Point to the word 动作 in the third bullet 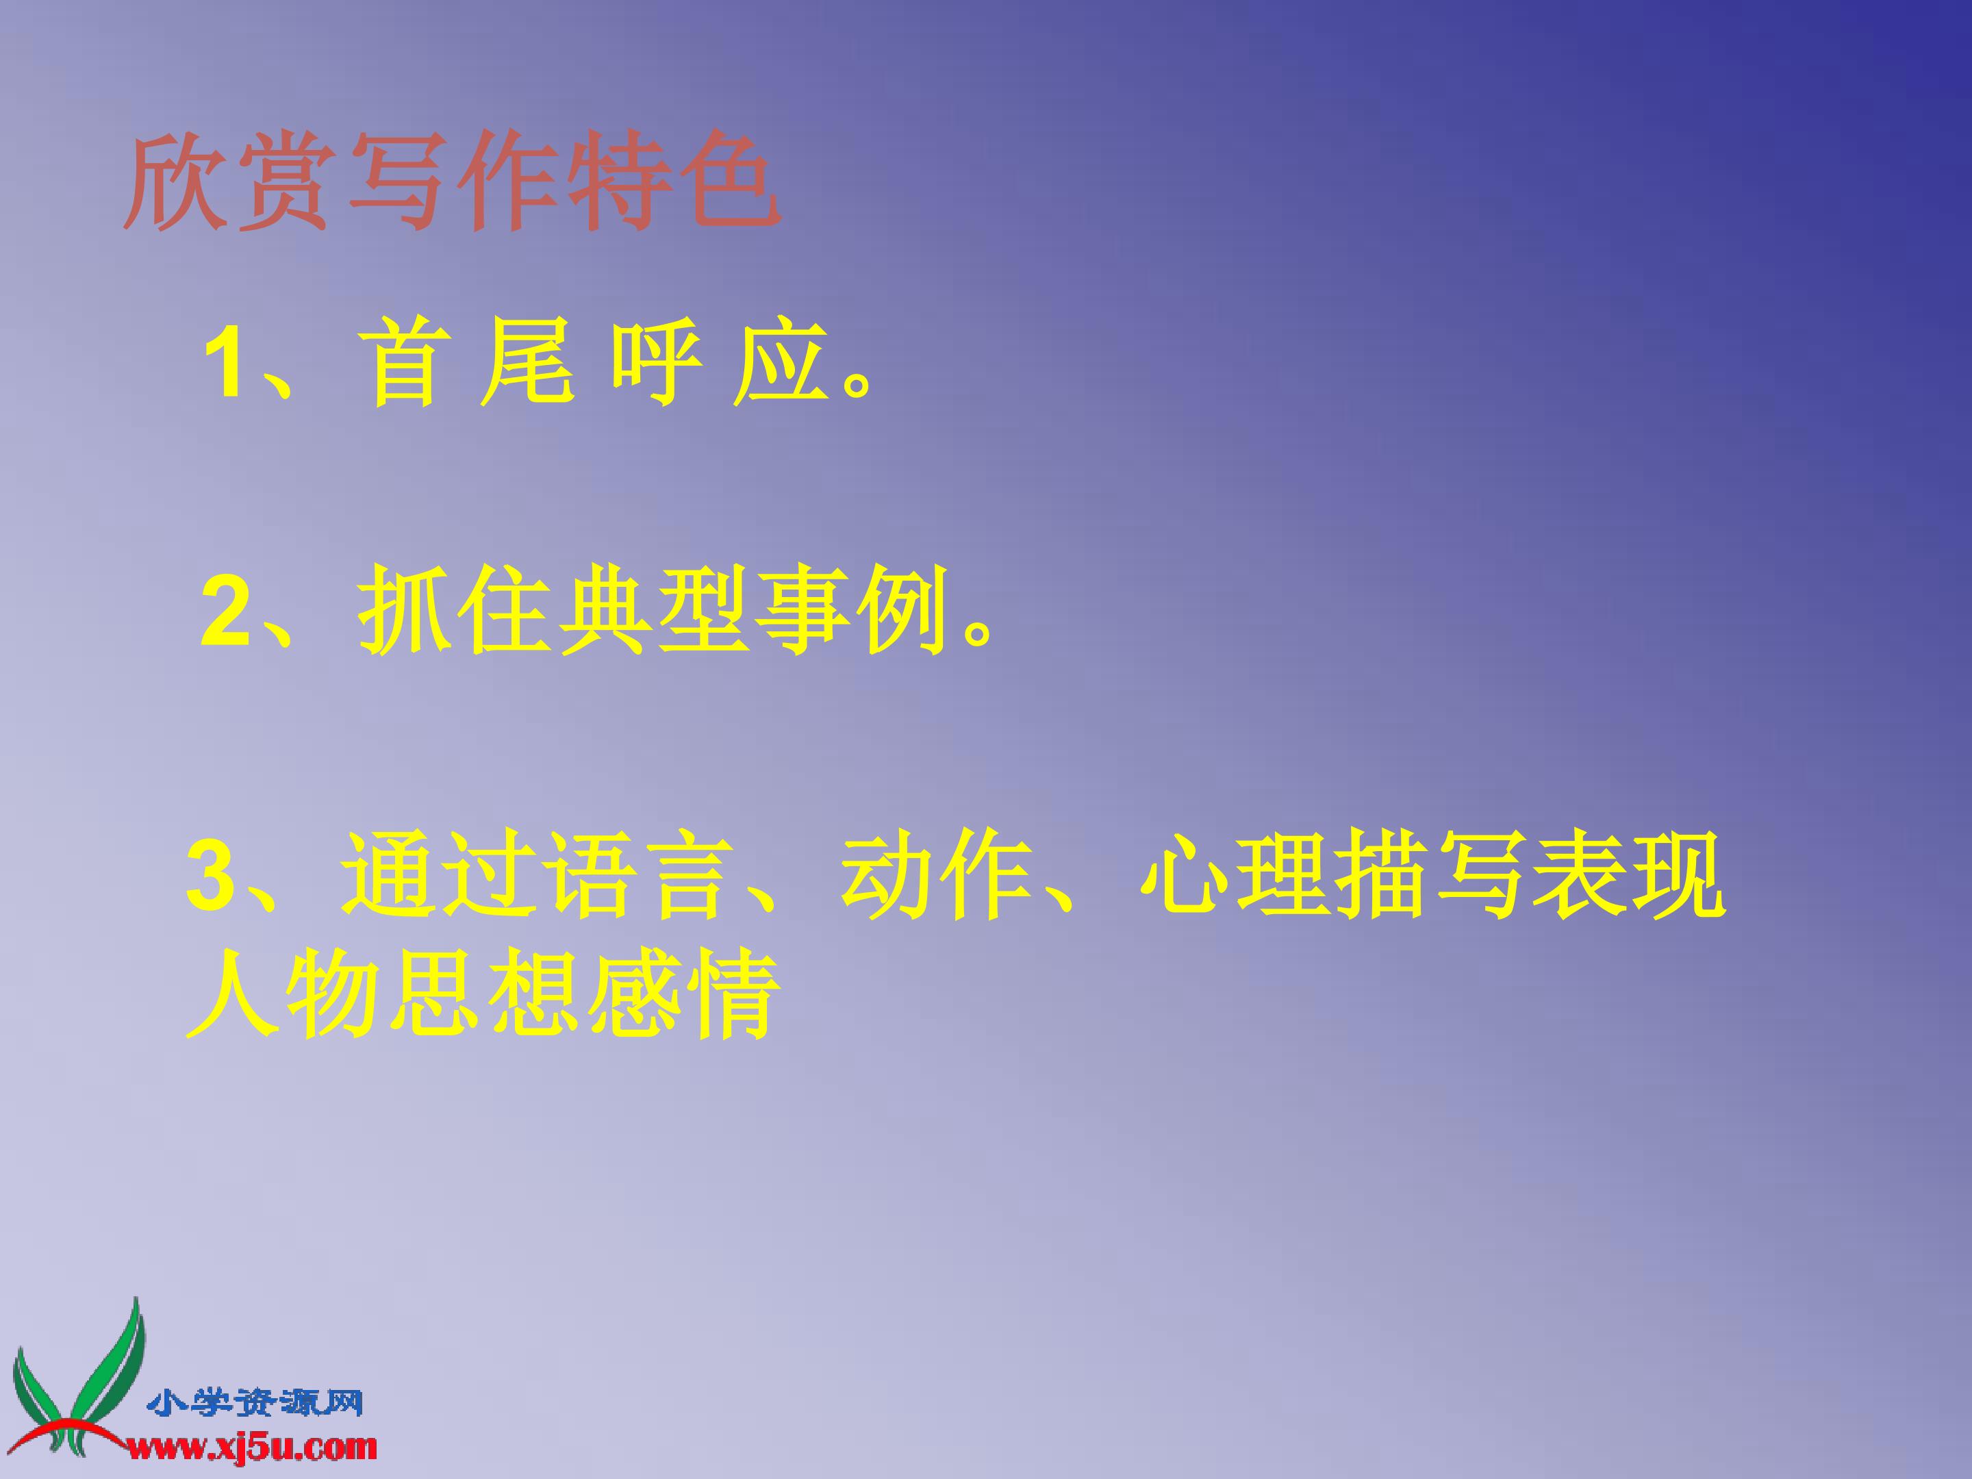click(936, 876)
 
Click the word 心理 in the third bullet click(1236, 876)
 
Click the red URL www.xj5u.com click(252, 1446)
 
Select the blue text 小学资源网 click(255, 1403)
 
